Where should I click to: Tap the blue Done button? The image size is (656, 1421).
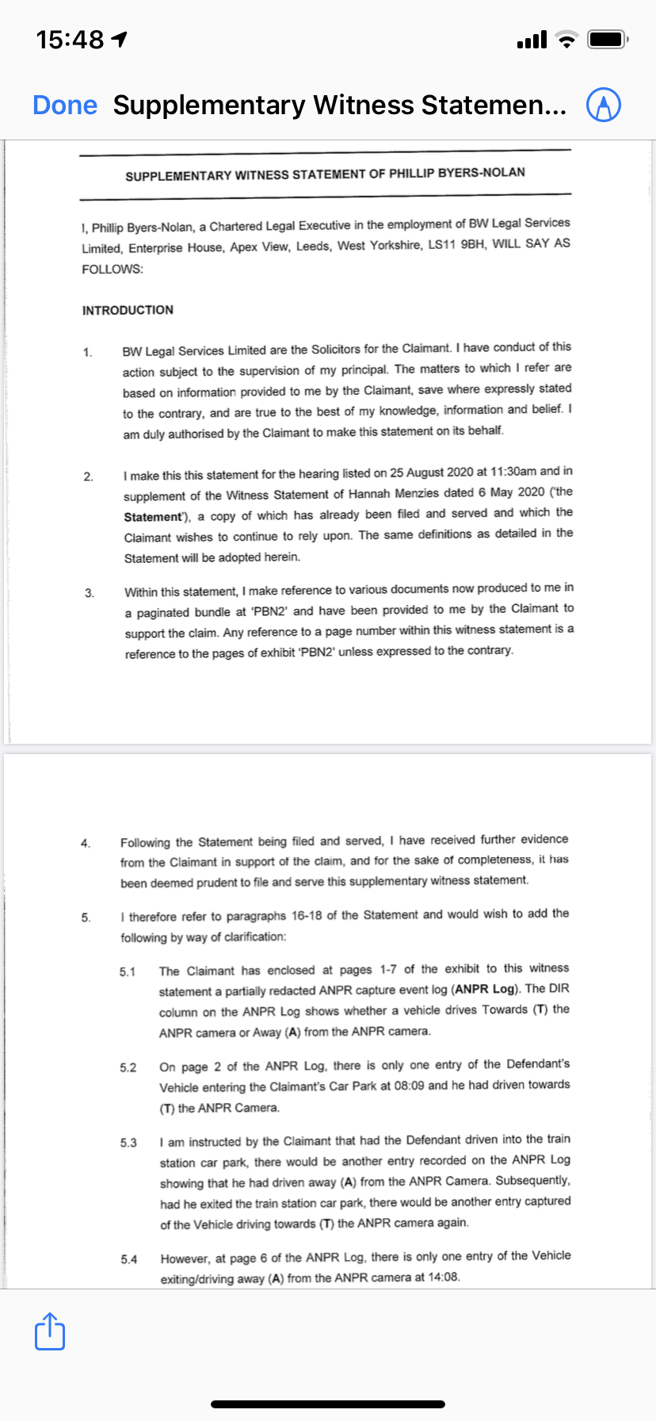[x=65, y=105]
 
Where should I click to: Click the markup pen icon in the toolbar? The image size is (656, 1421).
[x=603, y=105]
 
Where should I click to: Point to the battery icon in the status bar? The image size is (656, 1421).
[x=607, y=39]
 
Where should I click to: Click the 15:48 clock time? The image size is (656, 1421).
[x=71, y=39]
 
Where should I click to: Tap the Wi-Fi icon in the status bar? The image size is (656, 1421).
[x=566, y=40]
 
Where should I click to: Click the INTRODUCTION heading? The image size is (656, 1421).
[x=128, y=310]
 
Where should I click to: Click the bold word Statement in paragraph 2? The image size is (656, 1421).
[x=153, y=517]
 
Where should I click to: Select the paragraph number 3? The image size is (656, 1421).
[x=90, y=592]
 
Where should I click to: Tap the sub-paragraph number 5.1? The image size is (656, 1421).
[x=128, y=971]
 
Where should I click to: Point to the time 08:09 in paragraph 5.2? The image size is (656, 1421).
[x=409, y=1086]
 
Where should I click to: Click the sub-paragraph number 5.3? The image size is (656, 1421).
[x=128, y=1143]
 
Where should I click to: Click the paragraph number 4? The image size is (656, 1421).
[x=86, y=843]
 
